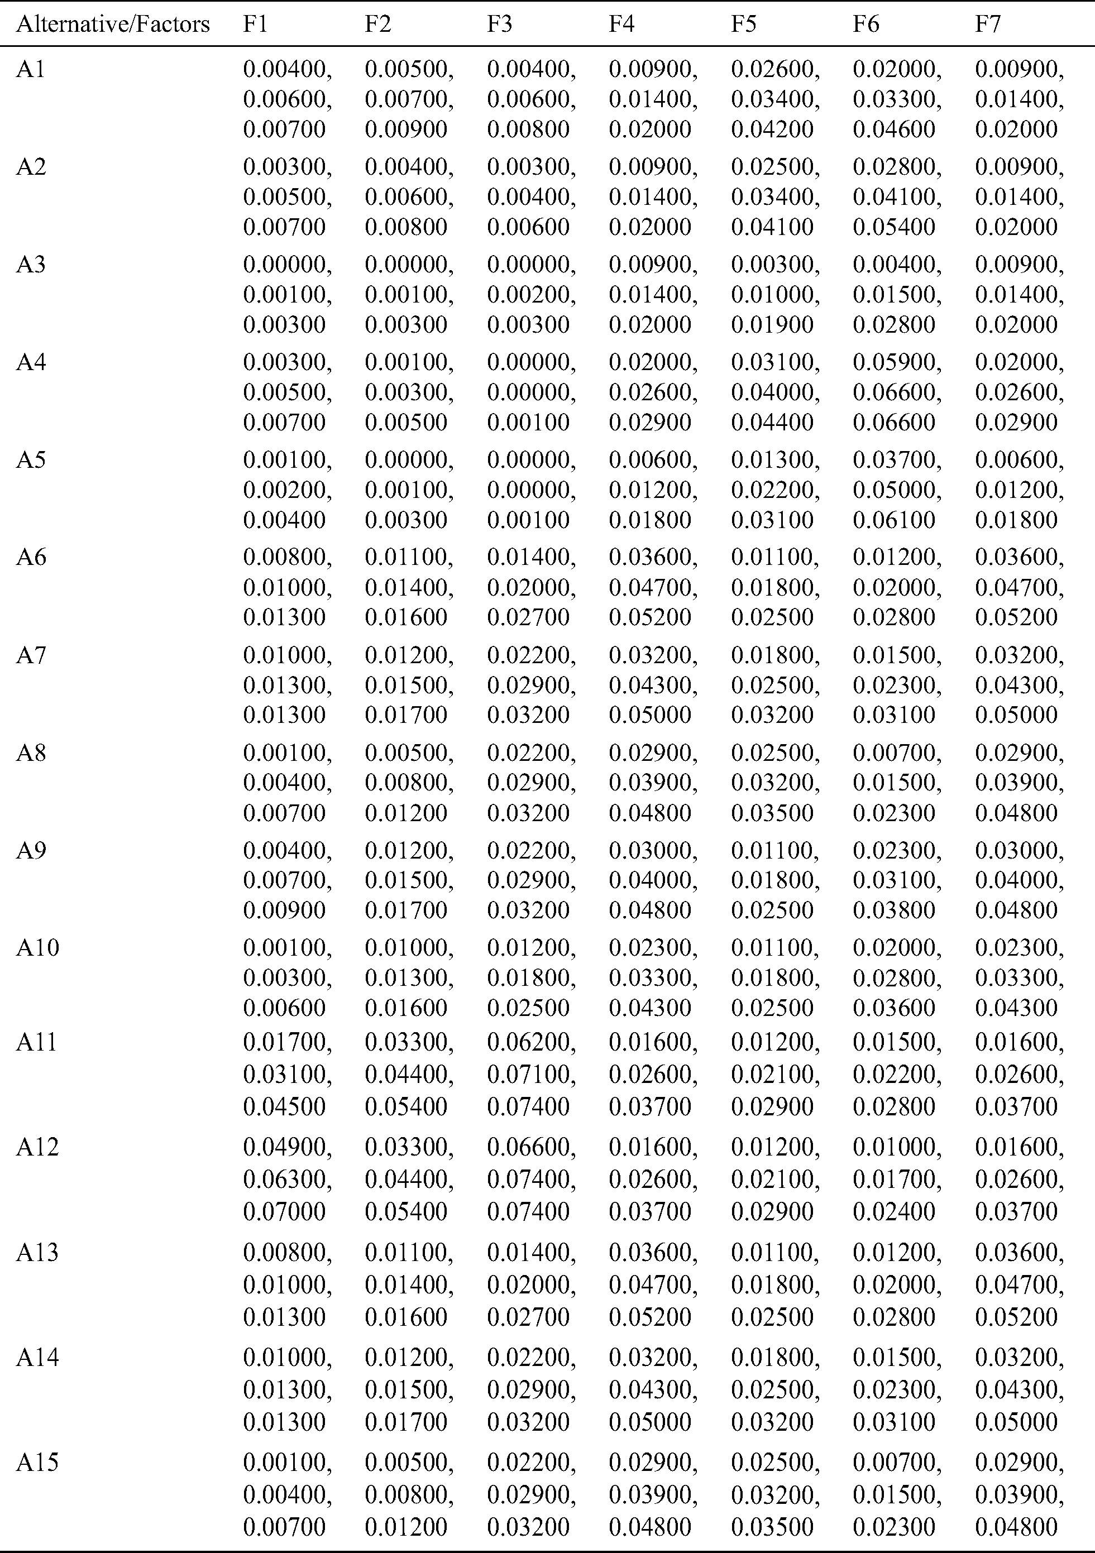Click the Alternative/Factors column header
tap(112, 25)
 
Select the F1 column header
tap(255, 25)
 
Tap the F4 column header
tap(621, 25)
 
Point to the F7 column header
tap(987, 25)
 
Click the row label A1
tap(31, 69)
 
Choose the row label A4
tap(31, 362)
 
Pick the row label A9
tap(31, 850)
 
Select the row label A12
tap(37, 1147)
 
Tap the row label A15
tap(37, 1463)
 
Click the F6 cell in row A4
tap(896, 392)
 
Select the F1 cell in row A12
tap(287, 1179)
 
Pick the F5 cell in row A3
tap(774, 294)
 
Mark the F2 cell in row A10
tap(409, 977)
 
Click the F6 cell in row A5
tap(896, 490)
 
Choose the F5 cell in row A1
tap(774, 99)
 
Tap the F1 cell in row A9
tap(287, 880)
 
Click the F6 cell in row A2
tap(896, 197)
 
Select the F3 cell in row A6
tap(530, 587)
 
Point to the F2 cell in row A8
tap(409, 783)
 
